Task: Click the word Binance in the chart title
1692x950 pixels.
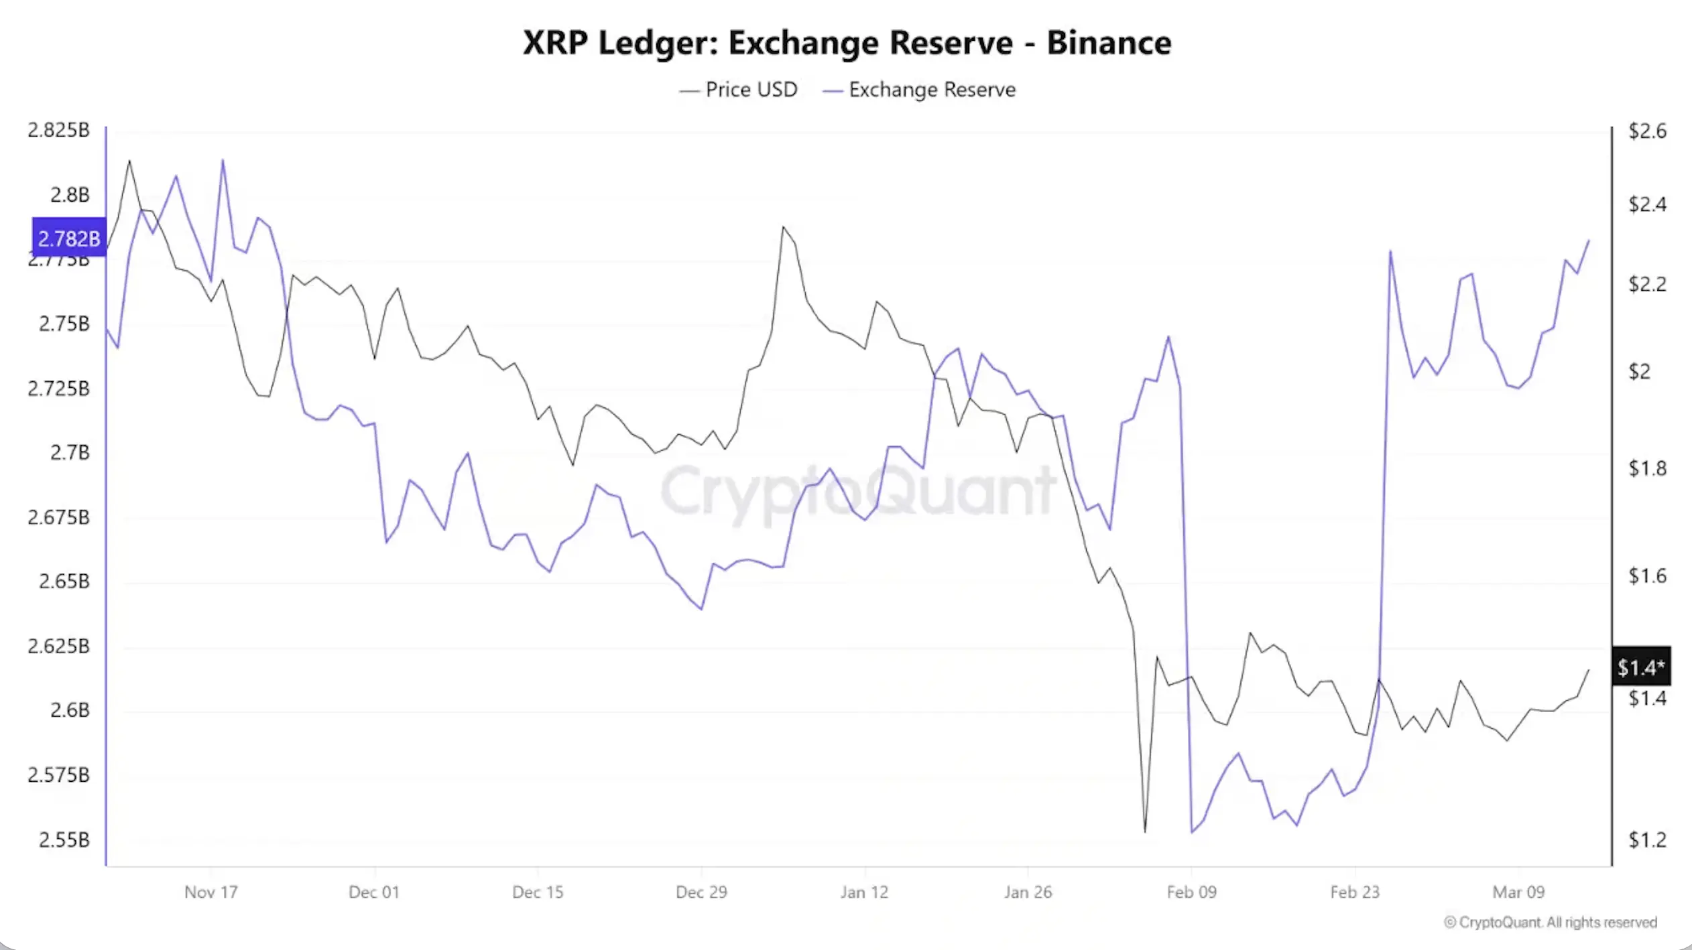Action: [1108, 43]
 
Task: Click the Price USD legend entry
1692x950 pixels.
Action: [738, 90]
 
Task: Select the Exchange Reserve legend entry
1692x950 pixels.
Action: [919, 90]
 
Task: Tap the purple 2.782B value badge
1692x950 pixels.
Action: [68, 238]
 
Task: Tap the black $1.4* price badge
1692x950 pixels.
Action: [1640, 667]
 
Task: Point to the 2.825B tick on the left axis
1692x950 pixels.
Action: [58, 130]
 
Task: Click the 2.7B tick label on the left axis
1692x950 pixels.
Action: [69, 453]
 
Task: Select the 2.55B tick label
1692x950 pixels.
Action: [64, 839]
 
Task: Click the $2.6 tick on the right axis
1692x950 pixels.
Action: [1647, 131]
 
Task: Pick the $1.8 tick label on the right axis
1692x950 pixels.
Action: [1647, 468]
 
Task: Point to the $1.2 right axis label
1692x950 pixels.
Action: [1647, 839]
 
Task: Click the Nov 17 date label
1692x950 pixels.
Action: [210, 892]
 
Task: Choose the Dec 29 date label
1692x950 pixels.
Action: [701, 892]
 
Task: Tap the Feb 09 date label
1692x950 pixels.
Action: [1191, 892]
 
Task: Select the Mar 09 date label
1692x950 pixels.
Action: [1518, 892]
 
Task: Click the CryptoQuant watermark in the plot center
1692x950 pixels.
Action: [858, 491]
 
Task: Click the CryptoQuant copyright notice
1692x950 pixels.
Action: [1550, 923]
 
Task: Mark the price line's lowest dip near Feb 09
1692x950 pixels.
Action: [1145, 831]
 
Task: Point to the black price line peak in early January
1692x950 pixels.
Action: [783, 227]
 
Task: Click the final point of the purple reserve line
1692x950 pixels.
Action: [1589, 241]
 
